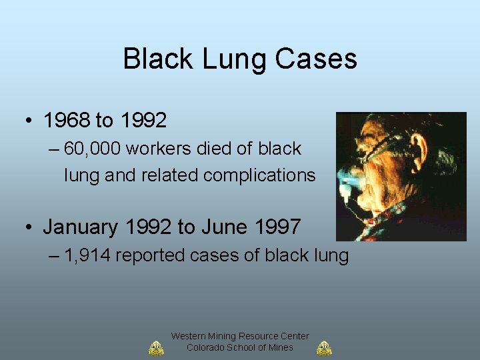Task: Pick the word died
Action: point(216,149)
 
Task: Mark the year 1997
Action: point(278,227)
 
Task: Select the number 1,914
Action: point(88,255)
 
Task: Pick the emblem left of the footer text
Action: point(155,348)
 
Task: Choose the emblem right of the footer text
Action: point(325,348)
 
